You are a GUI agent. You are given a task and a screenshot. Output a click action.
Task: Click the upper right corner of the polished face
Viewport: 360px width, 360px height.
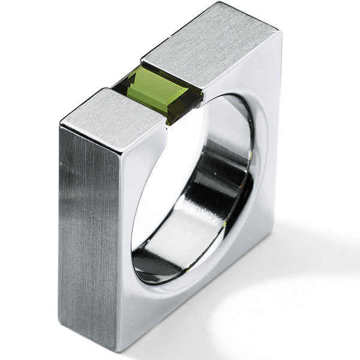point(280,34)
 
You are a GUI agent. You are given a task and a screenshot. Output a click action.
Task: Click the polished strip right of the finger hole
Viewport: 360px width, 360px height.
point(267,150)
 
